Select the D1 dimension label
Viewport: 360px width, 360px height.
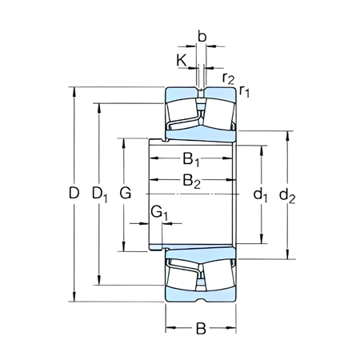tap(100, 194)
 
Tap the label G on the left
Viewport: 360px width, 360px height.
tap(124, 194)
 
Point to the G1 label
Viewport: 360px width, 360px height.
tap(160, 213)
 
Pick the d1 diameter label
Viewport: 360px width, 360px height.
tap(261, 194)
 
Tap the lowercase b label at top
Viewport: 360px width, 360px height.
tap(201, 37)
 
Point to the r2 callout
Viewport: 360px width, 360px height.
tap(229, 78)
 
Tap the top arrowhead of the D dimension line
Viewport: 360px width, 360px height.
tap(74, 87)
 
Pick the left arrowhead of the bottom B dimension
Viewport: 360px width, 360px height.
tap(169, 327)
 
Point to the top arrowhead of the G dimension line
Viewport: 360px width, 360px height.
tap(124, 141)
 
